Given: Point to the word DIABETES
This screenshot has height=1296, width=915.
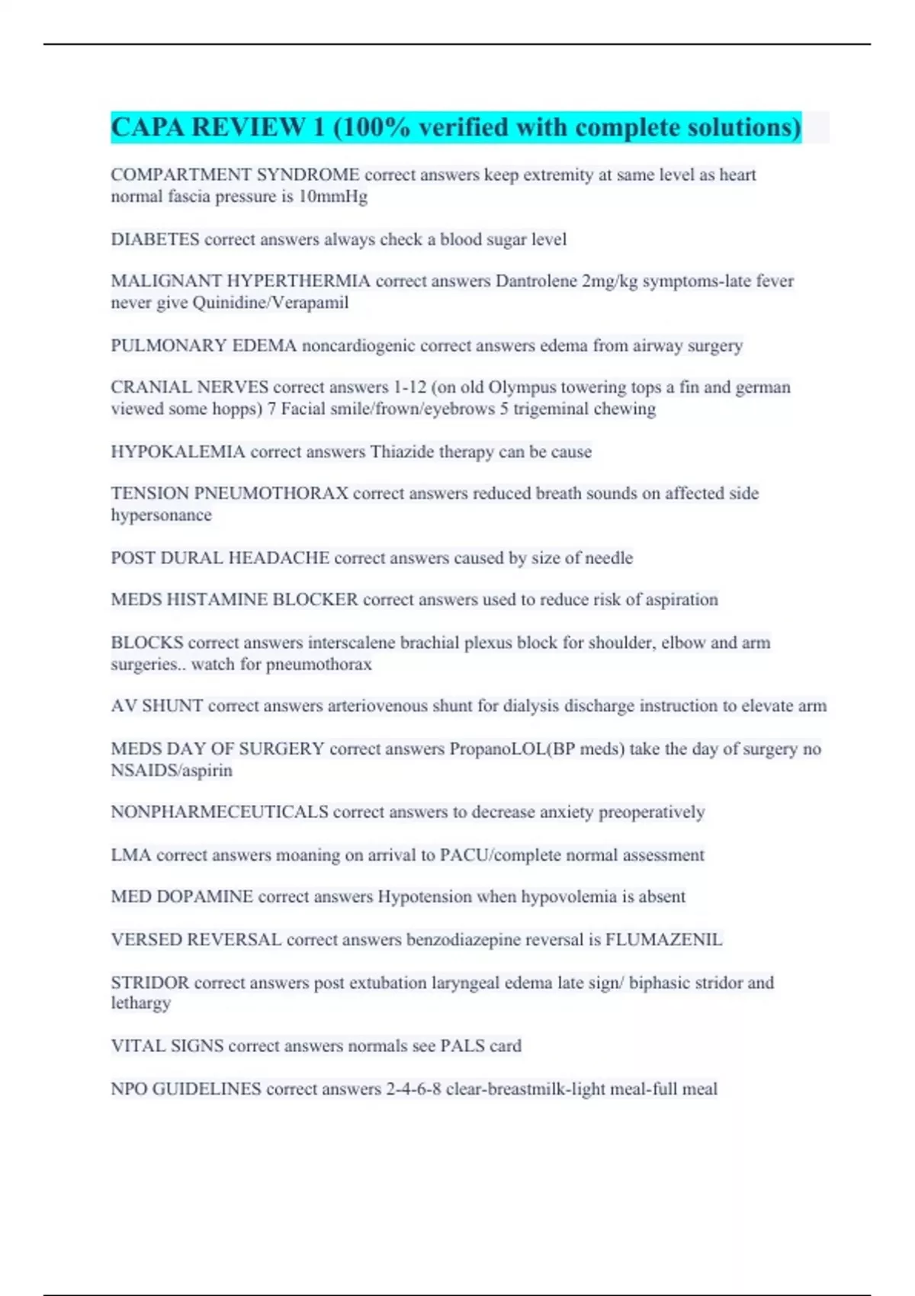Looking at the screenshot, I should point(155,239).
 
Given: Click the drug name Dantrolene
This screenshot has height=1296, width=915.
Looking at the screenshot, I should point(536,281).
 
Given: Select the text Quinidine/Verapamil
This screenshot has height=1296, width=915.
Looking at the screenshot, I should point(271,303).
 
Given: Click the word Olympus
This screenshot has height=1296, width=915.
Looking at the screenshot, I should point(522,387).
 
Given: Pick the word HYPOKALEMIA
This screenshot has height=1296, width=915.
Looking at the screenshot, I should point(178,451).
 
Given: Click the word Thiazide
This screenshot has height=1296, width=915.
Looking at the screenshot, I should point(403,451).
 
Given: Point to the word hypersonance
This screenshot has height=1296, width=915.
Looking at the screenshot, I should point(161,515).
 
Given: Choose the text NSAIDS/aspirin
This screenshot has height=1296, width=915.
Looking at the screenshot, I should point(172,770).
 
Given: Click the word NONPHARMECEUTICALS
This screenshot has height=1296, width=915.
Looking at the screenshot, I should point(220,812).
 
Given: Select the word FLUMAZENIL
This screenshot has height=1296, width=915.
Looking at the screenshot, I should point(663,939).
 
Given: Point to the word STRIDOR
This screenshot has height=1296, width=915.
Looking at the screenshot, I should point(149,983).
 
